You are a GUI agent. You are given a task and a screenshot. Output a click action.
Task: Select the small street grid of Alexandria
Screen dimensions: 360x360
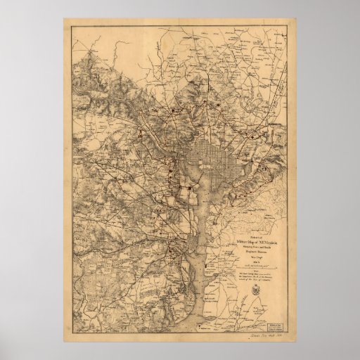click(190, 250)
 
